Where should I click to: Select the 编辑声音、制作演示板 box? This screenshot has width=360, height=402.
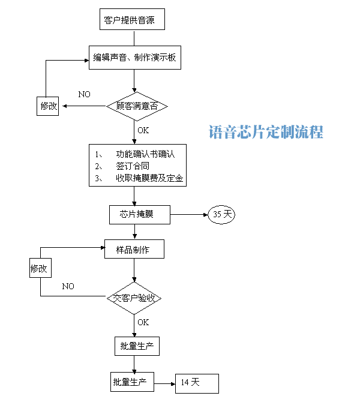134,58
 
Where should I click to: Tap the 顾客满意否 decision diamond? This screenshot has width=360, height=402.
136,106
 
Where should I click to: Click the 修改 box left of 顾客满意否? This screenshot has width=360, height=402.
49,107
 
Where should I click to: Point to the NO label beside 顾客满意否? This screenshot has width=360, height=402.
84,95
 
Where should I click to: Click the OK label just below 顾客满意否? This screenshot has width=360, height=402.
143,130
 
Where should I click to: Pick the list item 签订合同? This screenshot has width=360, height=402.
133,166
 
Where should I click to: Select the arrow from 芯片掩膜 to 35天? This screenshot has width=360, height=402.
189,214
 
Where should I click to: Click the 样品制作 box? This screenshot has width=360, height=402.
133,250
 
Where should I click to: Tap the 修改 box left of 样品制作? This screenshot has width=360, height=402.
40,268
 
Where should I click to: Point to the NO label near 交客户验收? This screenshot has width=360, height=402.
68,286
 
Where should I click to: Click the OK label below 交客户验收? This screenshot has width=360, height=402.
143,322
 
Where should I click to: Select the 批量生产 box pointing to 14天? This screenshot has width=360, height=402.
133,382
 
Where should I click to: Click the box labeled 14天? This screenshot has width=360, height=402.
197,382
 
